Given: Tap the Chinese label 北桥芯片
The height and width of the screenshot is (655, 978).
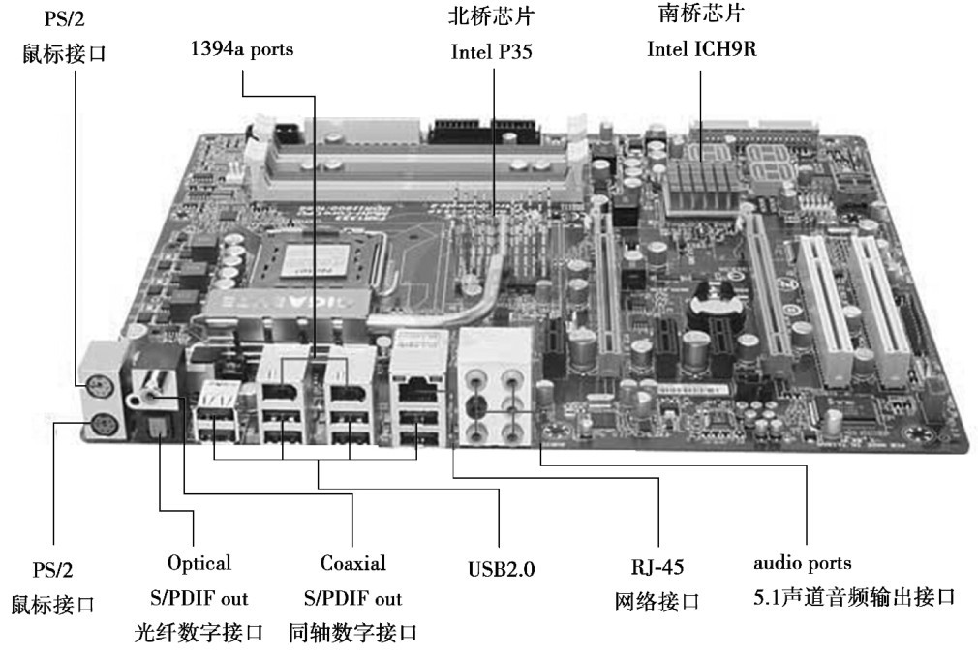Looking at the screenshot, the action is pyautogui.click(x=492, y=17).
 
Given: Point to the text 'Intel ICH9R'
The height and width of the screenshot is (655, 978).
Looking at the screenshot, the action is pyautogui.click(x=701, y=49).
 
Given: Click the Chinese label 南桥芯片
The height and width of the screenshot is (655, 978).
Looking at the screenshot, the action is pyautogui.click(x=701, y=15).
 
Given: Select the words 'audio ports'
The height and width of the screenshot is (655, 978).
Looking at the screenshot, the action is pyautogui.click(x=803, y=563).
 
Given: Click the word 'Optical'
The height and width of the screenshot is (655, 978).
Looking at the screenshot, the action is pyautogui.click(x=199, y=563).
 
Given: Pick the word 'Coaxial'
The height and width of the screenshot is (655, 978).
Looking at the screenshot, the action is pyautogui.click(x=352, y=563).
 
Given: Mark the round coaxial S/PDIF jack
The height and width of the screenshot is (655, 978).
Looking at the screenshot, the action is pyautogui.click(x=155, y=391).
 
